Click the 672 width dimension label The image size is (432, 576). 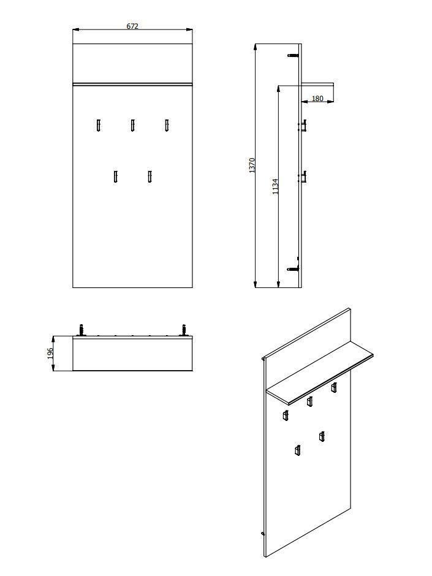(x=132, y=26)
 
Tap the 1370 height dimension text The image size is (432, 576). (x=252, y=165)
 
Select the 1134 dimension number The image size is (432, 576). (x=276, y=186)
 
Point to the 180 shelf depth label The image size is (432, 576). (x=317, y=99)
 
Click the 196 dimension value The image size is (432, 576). (x=51, y=354)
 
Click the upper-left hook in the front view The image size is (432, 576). (x=99, y=125)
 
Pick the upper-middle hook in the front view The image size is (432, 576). (x=132, y=125)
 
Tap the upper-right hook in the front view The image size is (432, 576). (x=167, y=125)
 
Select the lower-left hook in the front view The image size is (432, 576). (x=115, y=176)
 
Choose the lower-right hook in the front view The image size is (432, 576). (x=150, y=176)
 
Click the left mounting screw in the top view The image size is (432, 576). (x=81, y=330)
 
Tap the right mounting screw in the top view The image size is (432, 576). (x=184, y=330)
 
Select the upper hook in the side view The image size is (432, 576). (x=302, y=125)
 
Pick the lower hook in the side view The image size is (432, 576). (x=302, y=176)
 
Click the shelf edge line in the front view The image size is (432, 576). (x=132, y=84)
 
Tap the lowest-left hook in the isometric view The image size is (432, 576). (x=297, y=450)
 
